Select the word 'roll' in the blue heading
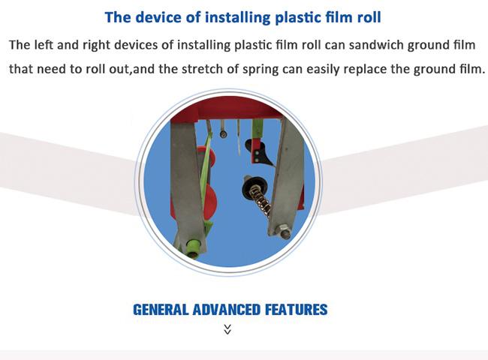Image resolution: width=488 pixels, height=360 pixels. (369, 17)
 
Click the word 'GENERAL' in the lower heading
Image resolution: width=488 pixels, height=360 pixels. (161, 310)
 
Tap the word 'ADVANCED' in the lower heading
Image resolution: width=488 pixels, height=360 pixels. (226, 310)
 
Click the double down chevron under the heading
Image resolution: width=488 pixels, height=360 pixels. (227, 329)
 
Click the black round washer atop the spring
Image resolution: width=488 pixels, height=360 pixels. (255, 187)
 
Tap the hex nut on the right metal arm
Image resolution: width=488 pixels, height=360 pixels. (284, 230)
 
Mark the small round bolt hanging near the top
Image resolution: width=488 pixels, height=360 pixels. (223, 134)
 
